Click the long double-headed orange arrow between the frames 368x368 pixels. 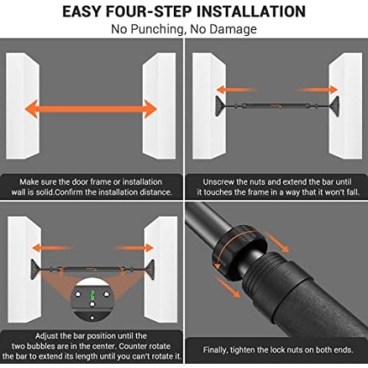pos(91,109)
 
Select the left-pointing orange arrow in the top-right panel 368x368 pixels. pos(235,90)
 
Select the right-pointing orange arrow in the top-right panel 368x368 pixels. pos(318,90)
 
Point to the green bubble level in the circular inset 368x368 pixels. pos(92,295)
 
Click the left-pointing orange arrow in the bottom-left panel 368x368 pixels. pos(50,248)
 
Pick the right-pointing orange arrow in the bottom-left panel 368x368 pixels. pos(134,248)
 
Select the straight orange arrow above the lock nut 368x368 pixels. pos(276,242)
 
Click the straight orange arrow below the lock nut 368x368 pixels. pos(228,288)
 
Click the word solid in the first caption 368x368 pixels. pos(45,192)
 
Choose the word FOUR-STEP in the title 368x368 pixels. pos(150,12)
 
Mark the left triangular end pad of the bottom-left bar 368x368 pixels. pos(35,270)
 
